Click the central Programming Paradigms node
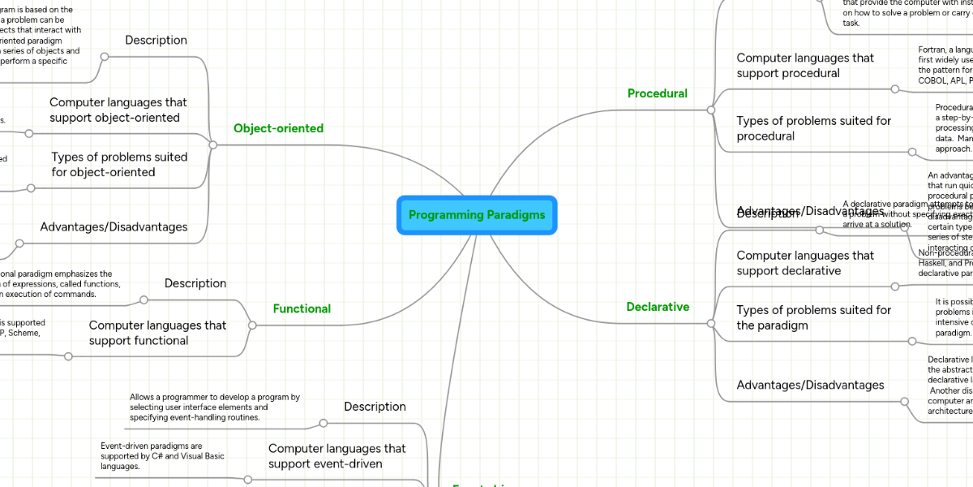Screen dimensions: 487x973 [477, 215]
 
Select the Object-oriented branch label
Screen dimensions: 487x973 [278, 128]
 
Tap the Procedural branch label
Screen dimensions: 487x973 [657, 93]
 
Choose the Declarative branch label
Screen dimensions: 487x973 [658, 307]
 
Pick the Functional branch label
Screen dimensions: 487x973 [302, 308]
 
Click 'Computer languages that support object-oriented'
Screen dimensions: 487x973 [118, 110]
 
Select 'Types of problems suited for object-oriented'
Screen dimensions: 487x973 [119, 164]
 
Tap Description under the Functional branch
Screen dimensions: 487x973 [195, 283]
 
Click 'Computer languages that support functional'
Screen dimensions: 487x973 [157, 333]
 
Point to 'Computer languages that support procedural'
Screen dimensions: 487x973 [805, 66]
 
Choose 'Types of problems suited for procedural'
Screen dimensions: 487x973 [813, 128]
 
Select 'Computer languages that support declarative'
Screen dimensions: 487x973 [805, 263]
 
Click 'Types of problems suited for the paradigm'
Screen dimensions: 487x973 [813, 317]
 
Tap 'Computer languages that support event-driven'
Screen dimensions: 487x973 [336, 456]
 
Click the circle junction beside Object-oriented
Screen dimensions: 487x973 [213, 145]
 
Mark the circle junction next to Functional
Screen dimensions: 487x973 [252, 325]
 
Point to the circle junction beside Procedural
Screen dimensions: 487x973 [710, 110]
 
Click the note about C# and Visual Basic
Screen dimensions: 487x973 [162, 456]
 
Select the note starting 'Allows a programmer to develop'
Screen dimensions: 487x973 [215, 407]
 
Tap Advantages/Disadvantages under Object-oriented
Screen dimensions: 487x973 [114, 227]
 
